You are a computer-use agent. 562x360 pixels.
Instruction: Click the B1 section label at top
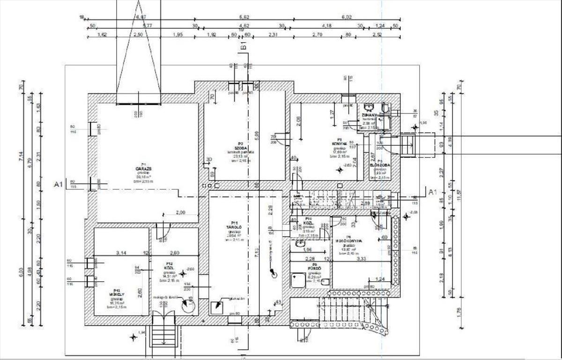pyautogui.click(x=244, y=45)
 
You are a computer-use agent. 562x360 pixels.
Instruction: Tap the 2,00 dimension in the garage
pyautogui.click(x=180, y=212)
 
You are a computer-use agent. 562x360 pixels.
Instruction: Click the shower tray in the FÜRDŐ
pyautogui.click(x=297, y=280)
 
